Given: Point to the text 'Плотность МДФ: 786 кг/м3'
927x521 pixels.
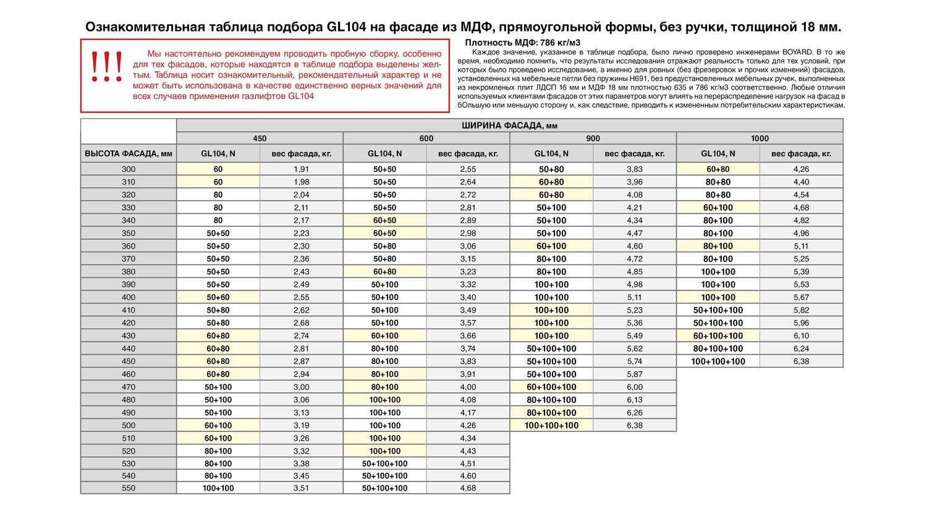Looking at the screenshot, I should click(522, 43).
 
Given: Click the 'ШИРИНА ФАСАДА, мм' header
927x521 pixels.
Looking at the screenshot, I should click(509, 125).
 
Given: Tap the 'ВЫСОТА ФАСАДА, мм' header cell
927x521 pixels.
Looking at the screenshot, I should click(129, 153).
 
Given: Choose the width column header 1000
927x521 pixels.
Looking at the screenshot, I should click(760, 138).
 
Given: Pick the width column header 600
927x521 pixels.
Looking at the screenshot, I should click(426, 138).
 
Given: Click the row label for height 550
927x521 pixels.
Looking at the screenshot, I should click(129, 488).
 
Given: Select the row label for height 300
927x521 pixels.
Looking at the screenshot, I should click(129, 169).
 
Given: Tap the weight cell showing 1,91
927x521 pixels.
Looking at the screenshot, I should click(301, 169).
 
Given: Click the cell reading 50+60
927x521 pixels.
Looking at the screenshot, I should click(218, 297).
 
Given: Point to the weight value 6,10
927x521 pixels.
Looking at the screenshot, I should click(801, 336).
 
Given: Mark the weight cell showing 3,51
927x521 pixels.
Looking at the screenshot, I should click(301, 488).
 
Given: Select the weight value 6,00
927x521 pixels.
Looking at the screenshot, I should click(635, 387).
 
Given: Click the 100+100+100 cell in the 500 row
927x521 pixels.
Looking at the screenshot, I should click(551, 425).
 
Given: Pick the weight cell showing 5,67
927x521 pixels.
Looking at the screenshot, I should click(801, 297).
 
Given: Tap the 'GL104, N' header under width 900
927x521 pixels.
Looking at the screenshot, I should click(551, 153).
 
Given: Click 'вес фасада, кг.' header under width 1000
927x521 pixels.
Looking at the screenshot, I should click(801, 153).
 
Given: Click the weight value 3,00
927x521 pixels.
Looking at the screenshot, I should click(301, 387).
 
